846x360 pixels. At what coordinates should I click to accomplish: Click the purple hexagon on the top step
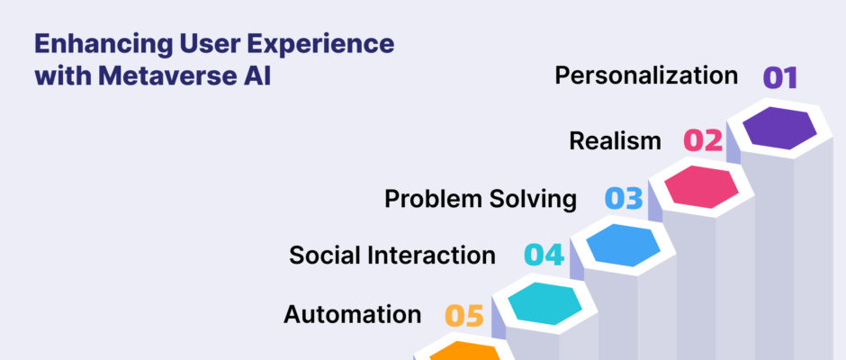tap(779, 129)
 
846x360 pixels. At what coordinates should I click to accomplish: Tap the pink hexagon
tap(701, 186)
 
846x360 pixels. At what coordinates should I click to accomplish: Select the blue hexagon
tap(623, 245)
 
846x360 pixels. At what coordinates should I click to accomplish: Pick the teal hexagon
tap(544, 303)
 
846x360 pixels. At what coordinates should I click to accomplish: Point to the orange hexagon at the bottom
tap(465, 351)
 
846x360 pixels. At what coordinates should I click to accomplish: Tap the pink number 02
tap(703, 140)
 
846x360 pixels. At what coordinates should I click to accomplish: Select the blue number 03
tap(624, 199)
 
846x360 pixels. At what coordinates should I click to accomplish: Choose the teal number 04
tap(544, 255)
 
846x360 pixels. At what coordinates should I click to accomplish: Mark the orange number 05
tap(464, 316)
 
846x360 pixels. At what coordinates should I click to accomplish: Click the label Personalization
tap(646, 76)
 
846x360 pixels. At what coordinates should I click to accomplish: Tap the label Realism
tap(615, 141)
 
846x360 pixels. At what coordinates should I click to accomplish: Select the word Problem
tap(433, 199)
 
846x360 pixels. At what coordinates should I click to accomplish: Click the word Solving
tap(533, 200)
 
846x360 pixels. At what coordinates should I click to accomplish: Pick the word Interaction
tap(427, 255)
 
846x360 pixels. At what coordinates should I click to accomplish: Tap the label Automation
tap(352, 314)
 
